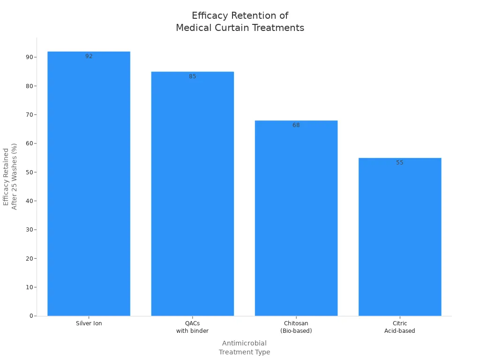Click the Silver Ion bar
pyautogui.click(x=89, y=184)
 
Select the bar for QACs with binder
pyautogui.click(x=193, y=194)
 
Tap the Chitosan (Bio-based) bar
pyautogui.click(x=296, y=218)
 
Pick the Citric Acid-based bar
pyautogui.click(x=400, y=237)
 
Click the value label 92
pyautogui.click(x=89, y=56)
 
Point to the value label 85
pyautogui.click(x=193, y=76)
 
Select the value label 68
pyautogui.click(x=296, y=125)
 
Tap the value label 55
pyautogui.click(x=400, y=163)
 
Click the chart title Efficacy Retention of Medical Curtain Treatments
pyautogui.click(x=240, y=22)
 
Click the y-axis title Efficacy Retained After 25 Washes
pyautogui.click(x=10, y=177)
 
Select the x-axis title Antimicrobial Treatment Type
pyautogui.click(x=244, y=347)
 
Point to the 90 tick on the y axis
pyautogui.click(x=30, y=57)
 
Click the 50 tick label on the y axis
pyautogui.click(x=30, y=172)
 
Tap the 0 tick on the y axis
pyautogui.click(x=31, y=316)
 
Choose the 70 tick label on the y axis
pyautogui.click(x=30, y=115)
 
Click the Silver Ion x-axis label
pyautogui.click(x=89, y=323)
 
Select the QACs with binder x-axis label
pyautogui.click(x=193, y=327)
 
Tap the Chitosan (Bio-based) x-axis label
pyautogui.click(x=296, y=327)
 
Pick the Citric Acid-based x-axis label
pyautogui.click(x=400, y=327)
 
